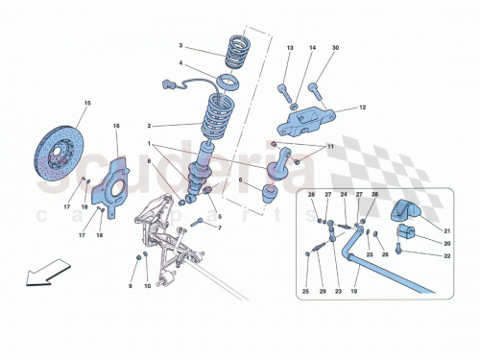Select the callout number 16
[117, 127]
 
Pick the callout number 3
[179, 46]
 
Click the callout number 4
[179, 65]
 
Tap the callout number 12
[364, 108]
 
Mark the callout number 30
[336, 47]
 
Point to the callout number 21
[445, 229]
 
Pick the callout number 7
[219, 228]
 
